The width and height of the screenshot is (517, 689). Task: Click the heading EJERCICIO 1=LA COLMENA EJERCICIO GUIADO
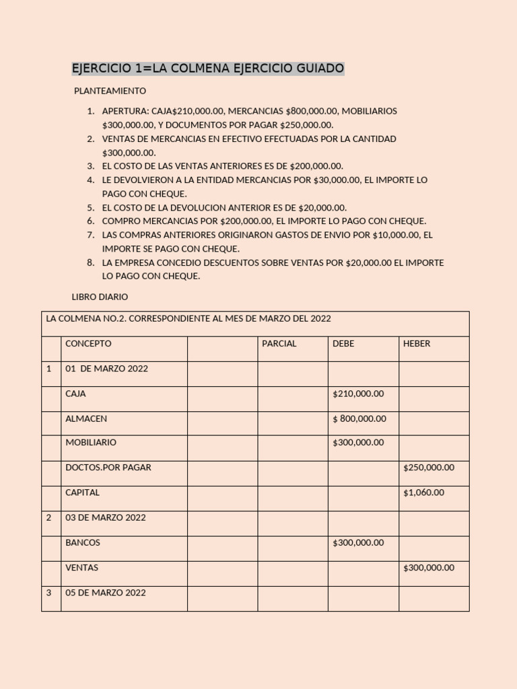tap(208, 69)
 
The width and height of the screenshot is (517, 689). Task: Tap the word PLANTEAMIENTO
tap(110, 91)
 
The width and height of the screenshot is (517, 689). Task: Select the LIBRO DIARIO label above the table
tap(100, 297)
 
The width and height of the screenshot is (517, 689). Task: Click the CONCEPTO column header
tap(88, 344)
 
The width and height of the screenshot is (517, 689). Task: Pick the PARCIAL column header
tap(279, 344)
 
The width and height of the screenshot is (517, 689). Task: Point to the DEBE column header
tap(343, 344)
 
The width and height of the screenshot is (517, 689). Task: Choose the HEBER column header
tap(417, 344)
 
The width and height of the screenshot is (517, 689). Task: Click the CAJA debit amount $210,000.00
tap(358, 394)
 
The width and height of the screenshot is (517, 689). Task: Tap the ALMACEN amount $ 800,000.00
tap(359, 419)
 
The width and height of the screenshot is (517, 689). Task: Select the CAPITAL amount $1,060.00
tap(423, 493)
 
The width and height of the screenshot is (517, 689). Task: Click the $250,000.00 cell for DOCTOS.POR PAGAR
tap(429, 468)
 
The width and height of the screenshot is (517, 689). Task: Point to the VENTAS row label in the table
tap(81, 568)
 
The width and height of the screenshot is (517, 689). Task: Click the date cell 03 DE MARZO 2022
tap(105, 518)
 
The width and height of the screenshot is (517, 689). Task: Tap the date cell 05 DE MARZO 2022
tap(105, 593)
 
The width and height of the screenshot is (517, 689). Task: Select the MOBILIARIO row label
tap(91, 443)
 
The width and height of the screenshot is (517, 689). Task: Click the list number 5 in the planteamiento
tap(90, 208)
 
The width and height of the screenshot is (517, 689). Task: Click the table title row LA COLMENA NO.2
tap(188, 319)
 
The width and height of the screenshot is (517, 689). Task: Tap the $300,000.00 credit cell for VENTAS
tap(429, 568)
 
